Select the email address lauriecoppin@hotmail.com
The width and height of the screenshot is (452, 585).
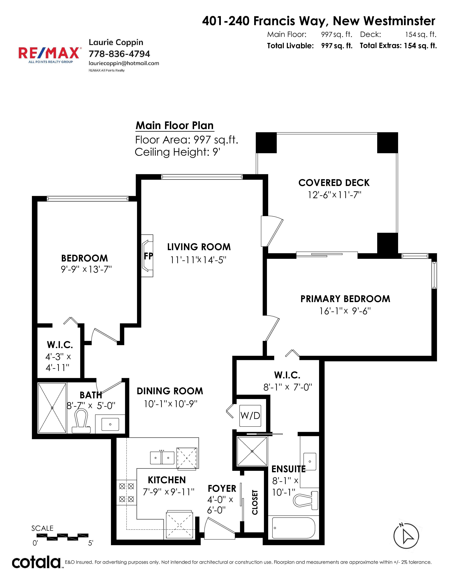(124, 63)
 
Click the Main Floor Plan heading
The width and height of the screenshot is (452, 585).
(175, 125)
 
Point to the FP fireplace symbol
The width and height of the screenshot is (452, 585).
(147, 256)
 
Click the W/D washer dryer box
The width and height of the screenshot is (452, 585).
(250, 416)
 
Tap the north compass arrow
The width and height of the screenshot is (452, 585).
(406, 536)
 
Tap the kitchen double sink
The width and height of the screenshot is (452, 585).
(162, 458)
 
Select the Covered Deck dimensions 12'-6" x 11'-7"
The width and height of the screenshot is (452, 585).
(334, 195)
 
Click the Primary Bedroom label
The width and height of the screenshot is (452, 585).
(345, 299)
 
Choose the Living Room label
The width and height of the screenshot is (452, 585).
(199, 247)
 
